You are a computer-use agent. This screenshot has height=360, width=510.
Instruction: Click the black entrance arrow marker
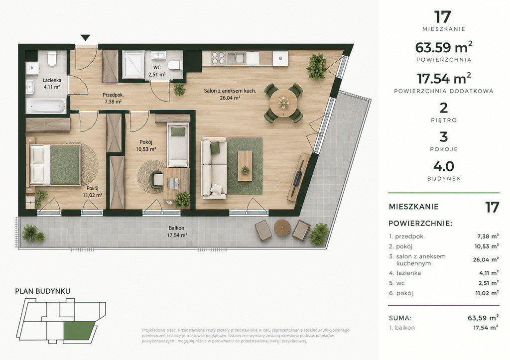coord(86,38)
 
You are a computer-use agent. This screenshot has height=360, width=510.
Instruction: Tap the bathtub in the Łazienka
coord(46,106)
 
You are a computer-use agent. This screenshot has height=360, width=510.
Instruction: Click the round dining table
coord(283,103)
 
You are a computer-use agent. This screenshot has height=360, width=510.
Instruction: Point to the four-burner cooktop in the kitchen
coord(218,58)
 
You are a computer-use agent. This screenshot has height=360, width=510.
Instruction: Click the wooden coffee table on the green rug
coord(245,165)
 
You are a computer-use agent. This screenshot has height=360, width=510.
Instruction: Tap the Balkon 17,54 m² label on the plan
coord(177,232)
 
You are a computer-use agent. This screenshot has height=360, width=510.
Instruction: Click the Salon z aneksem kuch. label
coord(230,91)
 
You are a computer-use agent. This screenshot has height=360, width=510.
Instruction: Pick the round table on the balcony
coord(282,228)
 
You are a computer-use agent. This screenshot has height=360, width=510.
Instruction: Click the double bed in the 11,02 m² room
coord(55,164)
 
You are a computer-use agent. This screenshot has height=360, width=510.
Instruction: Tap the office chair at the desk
coord(157,179)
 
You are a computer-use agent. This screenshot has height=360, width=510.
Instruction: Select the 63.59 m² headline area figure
coord(444,47)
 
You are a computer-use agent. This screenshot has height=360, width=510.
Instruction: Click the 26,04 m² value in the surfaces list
coord(486,259)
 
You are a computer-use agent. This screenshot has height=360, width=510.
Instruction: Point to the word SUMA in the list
coord(400,318)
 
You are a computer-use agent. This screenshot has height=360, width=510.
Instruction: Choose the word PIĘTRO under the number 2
coord(444,120)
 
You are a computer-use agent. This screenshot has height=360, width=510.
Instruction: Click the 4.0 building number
coord(444,166)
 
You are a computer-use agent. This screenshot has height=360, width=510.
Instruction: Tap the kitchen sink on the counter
coord(236,58)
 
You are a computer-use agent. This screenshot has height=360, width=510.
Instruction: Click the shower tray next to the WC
coord(133,65)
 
